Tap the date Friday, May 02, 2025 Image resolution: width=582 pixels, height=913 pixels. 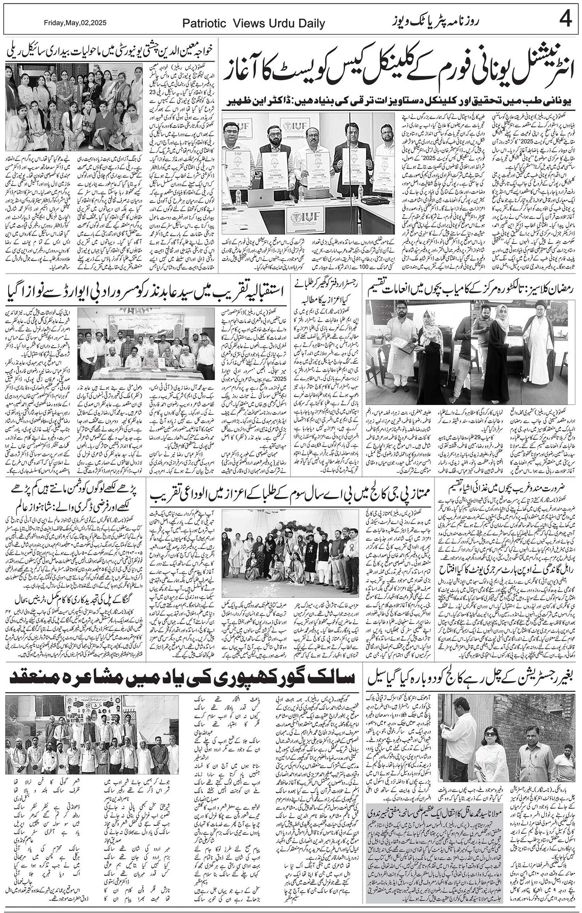[75, 23]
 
